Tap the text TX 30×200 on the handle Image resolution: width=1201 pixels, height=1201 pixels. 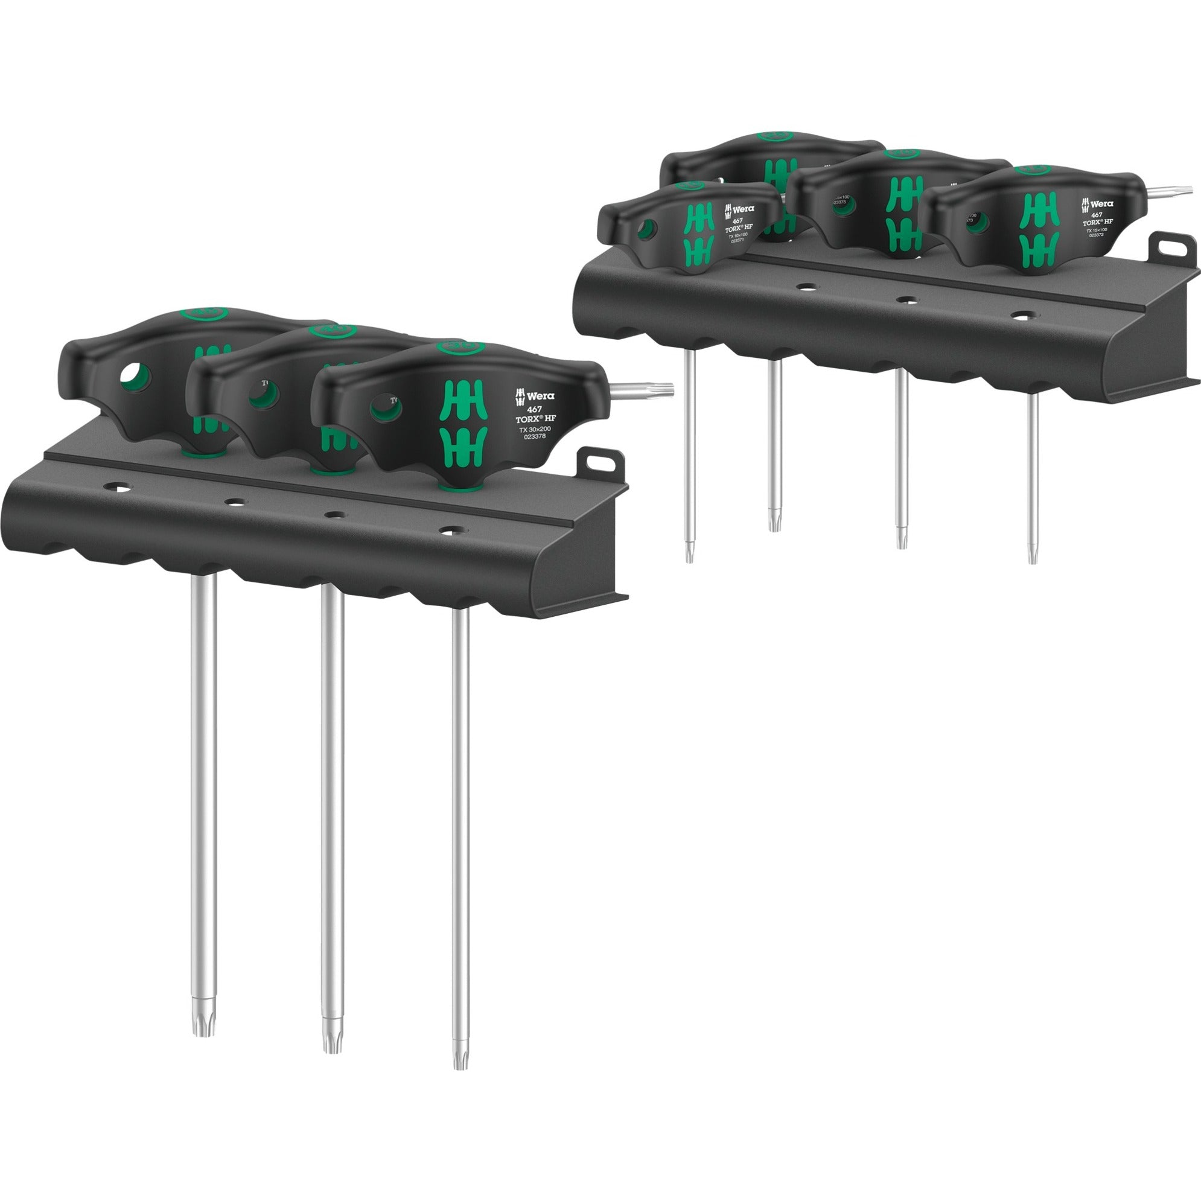tap(535, 429)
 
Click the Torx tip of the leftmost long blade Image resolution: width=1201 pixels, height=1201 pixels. tap(203, 776)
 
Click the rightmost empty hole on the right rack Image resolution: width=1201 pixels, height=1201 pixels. tap(1019, 316)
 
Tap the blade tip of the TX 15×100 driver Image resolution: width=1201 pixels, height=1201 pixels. tap(1033, 556)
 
